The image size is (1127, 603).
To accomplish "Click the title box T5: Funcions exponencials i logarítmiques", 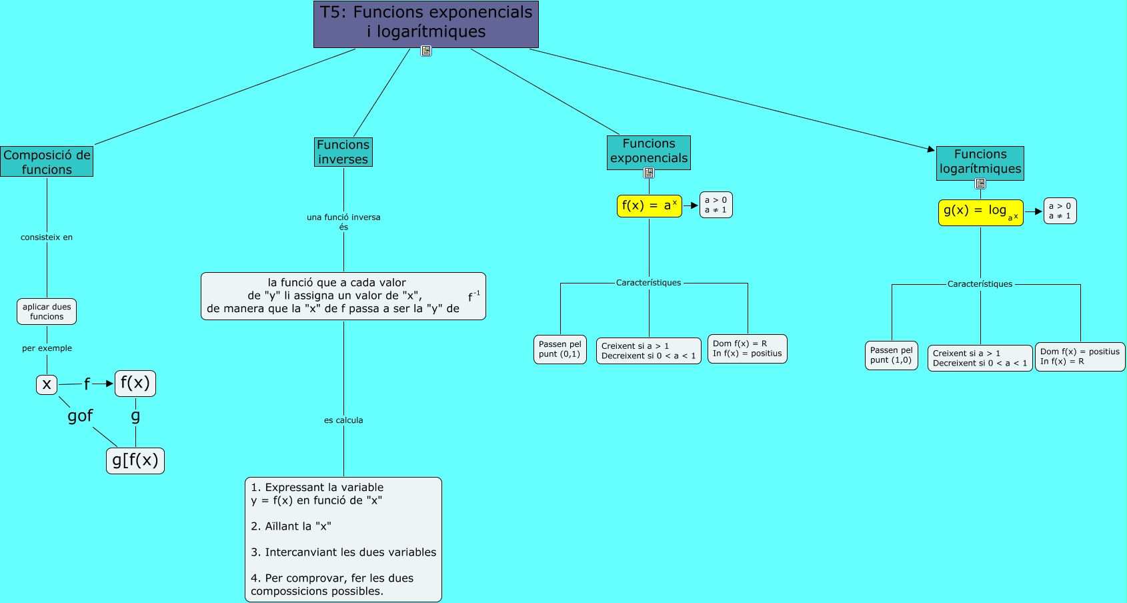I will pos(425,23).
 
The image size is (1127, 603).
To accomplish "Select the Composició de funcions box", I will pos(47,162).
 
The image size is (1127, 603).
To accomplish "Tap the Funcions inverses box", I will pos(343,152).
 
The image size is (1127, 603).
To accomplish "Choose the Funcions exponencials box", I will pos(648,151).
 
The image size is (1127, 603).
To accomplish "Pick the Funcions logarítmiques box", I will pos(980,162).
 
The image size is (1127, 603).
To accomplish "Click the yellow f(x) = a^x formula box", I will pos(649,205).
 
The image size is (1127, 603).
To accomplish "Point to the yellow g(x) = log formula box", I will pos(980,212).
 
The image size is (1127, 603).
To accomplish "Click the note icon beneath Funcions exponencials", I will pos(649,173).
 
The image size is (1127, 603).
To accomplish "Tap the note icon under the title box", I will pos(426,51).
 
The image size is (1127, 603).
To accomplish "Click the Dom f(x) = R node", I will pos(747,349).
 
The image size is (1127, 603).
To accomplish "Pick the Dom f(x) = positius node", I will pos(1079,357).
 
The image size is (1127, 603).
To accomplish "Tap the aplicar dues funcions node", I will pos(47,312).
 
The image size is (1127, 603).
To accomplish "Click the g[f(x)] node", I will pos(135,460).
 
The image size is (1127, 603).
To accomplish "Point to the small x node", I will pos(47,384).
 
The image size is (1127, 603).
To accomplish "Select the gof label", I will pos(80,416).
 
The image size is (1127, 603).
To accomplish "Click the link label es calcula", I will pos(343,420).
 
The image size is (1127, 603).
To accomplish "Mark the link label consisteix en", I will pos(47,237).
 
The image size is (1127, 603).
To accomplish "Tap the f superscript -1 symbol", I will pos(473,296).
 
